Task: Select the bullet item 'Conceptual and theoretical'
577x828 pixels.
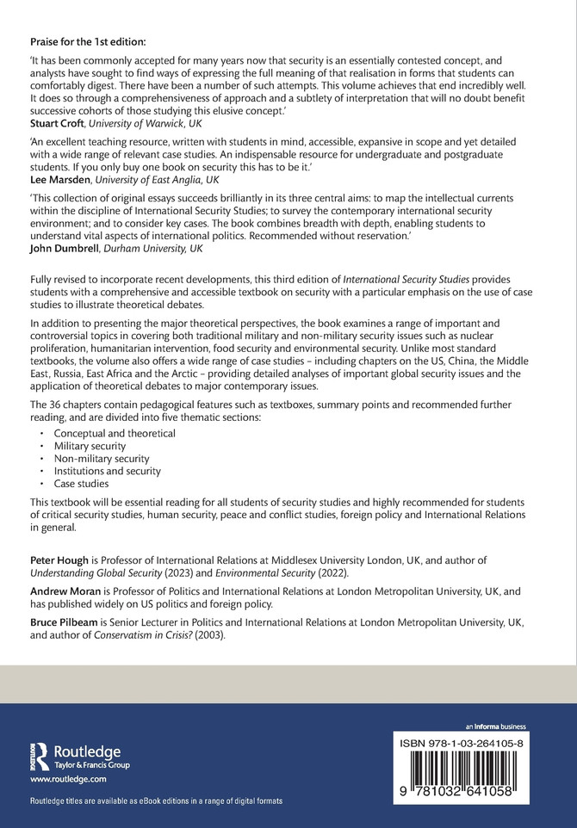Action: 115,433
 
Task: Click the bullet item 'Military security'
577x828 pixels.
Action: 90,446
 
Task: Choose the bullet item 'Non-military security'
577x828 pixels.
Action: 102,459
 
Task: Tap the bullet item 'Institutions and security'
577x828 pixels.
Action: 108,471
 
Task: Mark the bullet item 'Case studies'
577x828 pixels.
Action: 82,484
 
